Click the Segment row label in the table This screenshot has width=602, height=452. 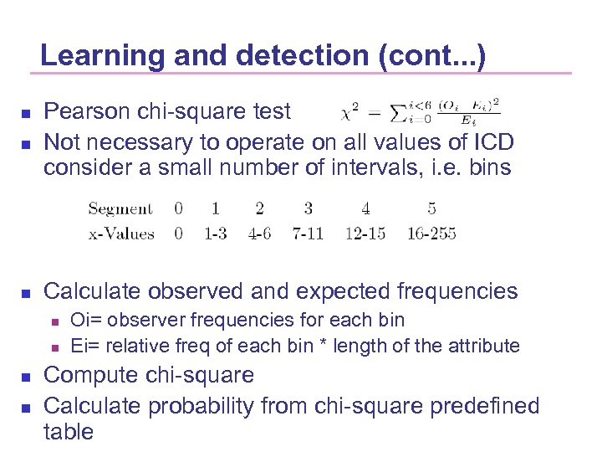(x=120, y=208)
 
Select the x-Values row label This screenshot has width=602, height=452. (x=121, y=234)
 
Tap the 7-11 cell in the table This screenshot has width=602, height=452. (x=308, y=234)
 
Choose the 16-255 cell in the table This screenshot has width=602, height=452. (x=431, y=234)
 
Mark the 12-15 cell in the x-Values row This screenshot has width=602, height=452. (x=365, y=234)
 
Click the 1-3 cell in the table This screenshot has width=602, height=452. (x=216, y=234)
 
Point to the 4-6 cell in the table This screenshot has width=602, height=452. (x=259, y=234)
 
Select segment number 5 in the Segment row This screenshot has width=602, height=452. (x=431, y=208)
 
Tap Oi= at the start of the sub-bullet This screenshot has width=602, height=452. (x=84, y=320)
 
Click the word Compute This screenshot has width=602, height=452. (x=93, y=375)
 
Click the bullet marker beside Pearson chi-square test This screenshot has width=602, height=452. (x=25, y=113)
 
